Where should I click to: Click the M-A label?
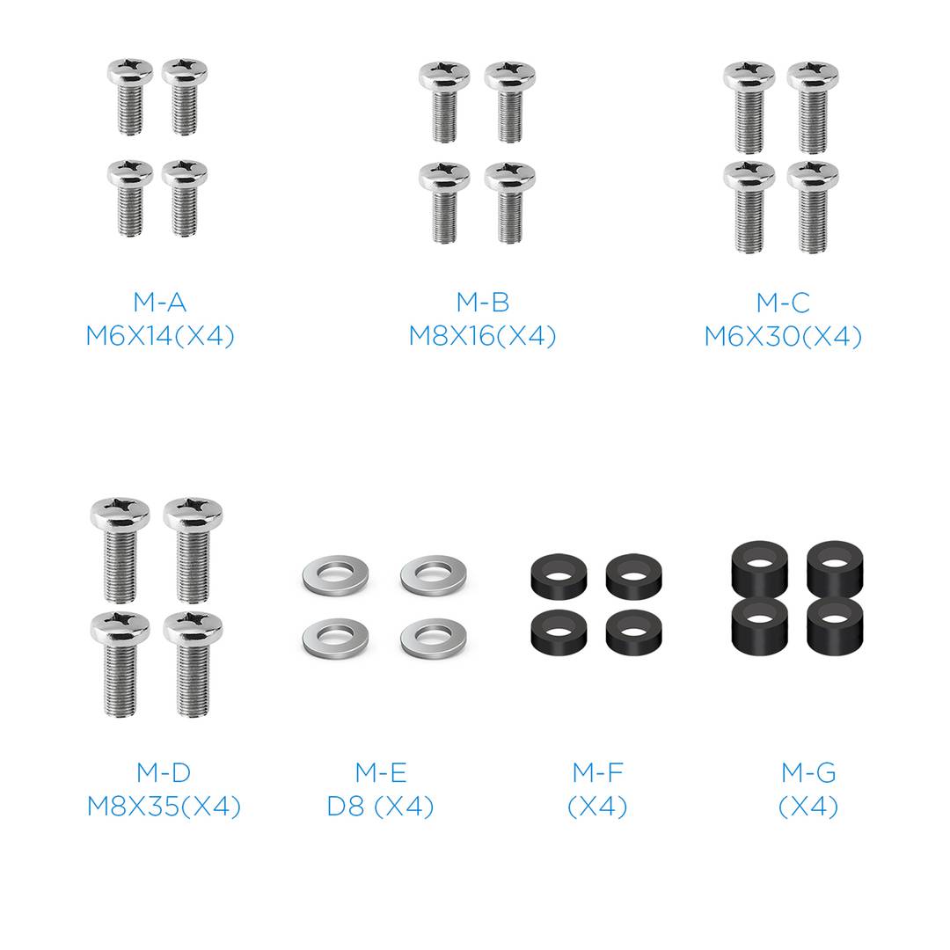[x=160, y=303]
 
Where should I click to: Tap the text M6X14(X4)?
[x=160, y=336]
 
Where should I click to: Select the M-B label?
[x=483, y=303]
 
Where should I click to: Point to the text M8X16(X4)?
[x=483, y=336]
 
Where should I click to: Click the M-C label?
[x=783, y=303]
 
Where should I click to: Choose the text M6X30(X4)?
[x=783, y=336]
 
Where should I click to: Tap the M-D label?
[x=164, y=772]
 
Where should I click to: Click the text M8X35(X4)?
[x=164, y=806]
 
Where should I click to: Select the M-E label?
[x=381, y=772]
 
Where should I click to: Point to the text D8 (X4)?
[x=381, y=806]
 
